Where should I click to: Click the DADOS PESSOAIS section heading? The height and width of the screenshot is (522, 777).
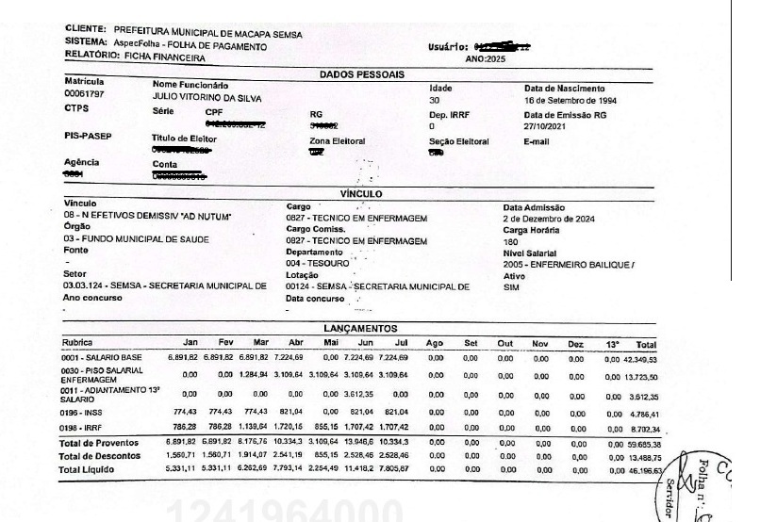tap(362, 73)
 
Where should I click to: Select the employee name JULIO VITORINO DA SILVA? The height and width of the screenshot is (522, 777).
tap(207, 98)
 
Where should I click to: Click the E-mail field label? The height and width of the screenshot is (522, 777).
tap(537, 140)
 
